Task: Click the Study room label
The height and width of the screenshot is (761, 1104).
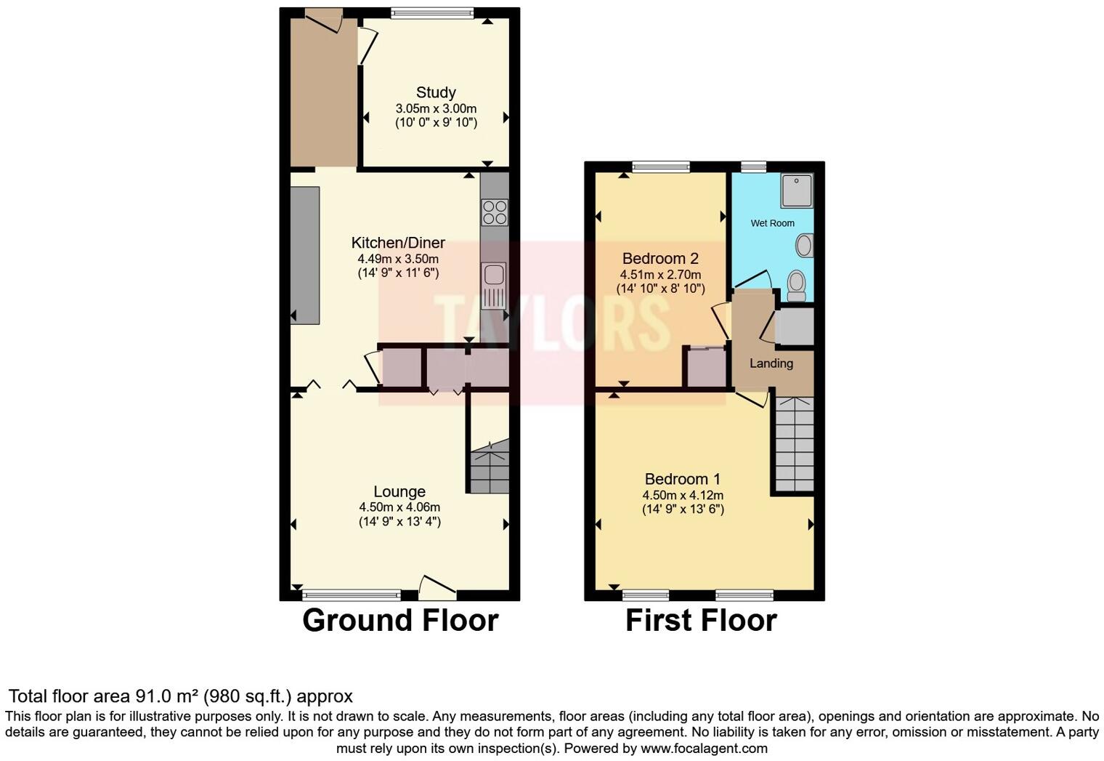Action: pyautogui.click(x=436, y=92)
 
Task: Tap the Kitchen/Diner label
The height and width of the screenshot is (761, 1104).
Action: pyautogui.click(x=398, y=243)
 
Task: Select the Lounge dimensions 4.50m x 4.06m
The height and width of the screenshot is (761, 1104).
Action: pyautogui.click(x=399, y=507)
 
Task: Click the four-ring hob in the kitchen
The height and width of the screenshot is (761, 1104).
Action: pyautogui.click(x=495, y=212)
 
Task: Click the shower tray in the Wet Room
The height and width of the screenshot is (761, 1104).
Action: pyautogui.click(x=796, y=190)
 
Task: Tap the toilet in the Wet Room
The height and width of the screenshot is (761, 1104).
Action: pyautogui.click(x=797, y=285)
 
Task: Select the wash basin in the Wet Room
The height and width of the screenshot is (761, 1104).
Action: pyautogui.click(x=804, y=246)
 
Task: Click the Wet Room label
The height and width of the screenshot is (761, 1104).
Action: pyautogui.click(x=772, y=223)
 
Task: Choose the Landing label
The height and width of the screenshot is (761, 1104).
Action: pyautogui.click(x=771, y=363)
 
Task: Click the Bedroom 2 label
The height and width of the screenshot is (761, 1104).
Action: pyautogui.click(x=660, y=259)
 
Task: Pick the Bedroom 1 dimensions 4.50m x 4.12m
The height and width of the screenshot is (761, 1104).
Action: pyautogui.click(x=683, y=495)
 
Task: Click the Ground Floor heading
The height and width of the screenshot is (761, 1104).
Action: pyautogui.click(x=400, y=621)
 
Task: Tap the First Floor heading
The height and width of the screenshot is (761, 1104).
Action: pyautogui.click(x=701, y=621)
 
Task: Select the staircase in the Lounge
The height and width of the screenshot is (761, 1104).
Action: pyautogui.click(x=489, y=467)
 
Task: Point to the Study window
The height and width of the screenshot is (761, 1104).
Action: pyautogui.click(x=431, y=12)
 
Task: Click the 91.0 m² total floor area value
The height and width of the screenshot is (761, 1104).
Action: pyautogui.click(x=164, y=696)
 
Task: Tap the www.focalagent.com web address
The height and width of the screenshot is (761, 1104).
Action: pyautogui.click(x=704, y=748)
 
